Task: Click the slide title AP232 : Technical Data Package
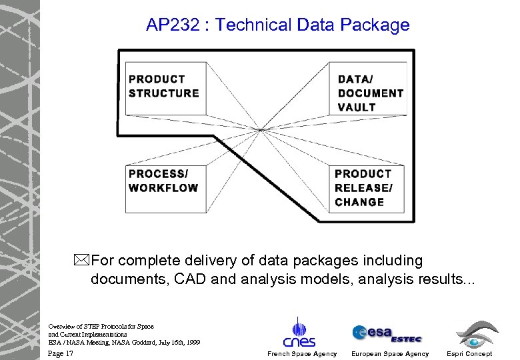(277, 25)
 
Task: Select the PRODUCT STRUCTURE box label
(163, 86)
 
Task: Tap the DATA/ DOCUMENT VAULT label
(370, 93)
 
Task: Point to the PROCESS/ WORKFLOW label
(163, 181)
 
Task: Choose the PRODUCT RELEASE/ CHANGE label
(363, 187)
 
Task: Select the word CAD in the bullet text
(193, 278)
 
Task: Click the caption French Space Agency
(302, 354)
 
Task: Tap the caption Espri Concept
(469, 354)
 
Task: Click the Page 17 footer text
(61, 353)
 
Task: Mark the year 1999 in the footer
(193, 342)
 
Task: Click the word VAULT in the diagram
(357, 107)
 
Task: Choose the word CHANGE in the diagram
(359, 202)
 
